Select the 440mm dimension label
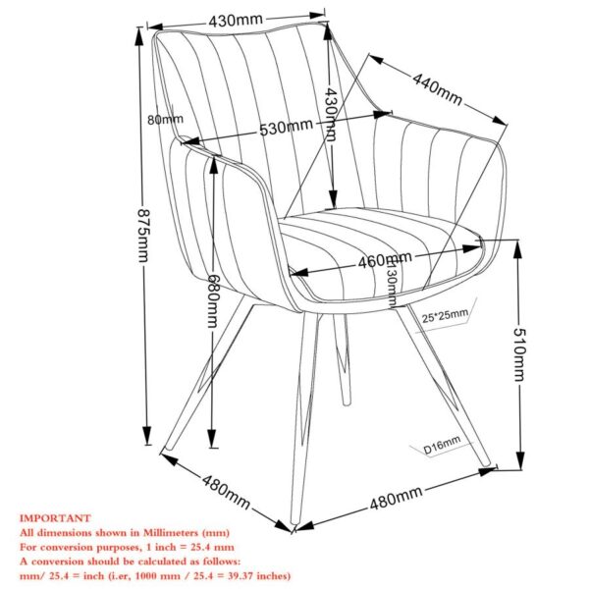tap(437, 90)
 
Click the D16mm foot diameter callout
tap(443, 449)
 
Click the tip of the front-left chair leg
tap(166, 453)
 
